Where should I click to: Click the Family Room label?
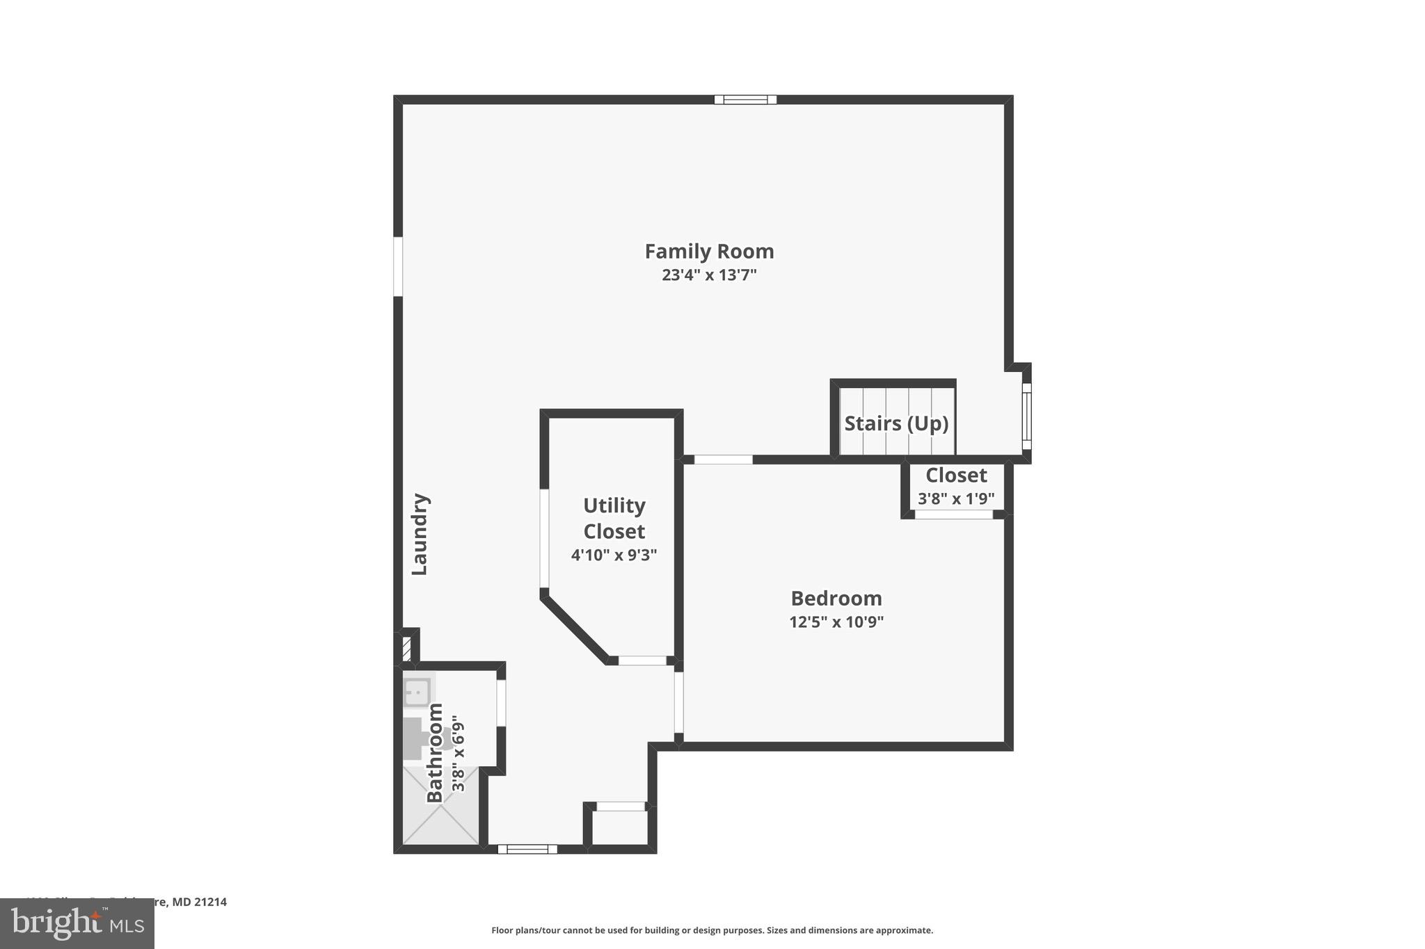tap(708, 251)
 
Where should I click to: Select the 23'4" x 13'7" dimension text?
tap(708, 275)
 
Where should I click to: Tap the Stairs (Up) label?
tap(896, 423)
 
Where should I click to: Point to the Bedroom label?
tap(836, 598)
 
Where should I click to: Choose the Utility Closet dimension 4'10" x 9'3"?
tap(614, 555)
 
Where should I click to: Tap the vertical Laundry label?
tap(420, 534)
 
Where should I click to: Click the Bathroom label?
tap(435, 752)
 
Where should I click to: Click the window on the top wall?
tap(745, 99)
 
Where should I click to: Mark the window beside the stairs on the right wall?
tap(1026, 416)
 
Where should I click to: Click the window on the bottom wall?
tap(527, 849)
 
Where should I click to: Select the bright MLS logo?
tap(77, 923)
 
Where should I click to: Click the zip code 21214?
tap(210, 902)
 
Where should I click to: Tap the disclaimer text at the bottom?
tap(712, 930)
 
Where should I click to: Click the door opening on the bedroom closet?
tap(953, 514)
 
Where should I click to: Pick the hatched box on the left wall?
tap(406, 649)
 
